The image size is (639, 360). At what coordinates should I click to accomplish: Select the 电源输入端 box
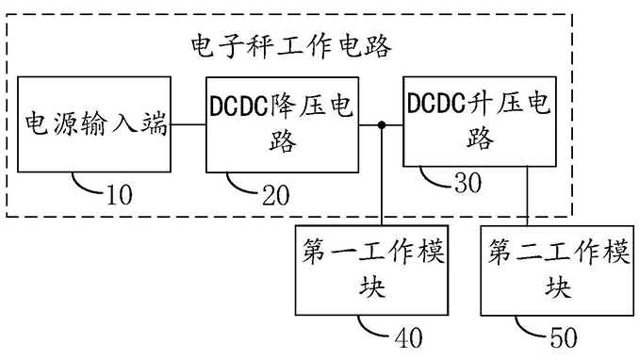pos(94,125)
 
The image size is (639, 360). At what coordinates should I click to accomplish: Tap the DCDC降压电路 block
pos(282,125)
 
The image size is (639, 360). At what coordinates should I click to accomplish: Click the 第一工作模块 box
pos(372,270)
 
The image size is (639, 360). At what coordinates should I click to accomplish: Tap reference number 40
pos(402,335)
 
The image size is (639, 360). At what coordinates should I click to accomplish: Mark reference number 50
pos(584,335)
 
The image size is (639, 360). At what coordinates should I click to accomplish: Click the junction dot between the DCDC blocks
pos(381,125)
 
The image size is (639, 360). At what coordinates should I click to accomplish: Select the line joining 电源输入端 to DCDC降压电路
pos(188,125)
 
